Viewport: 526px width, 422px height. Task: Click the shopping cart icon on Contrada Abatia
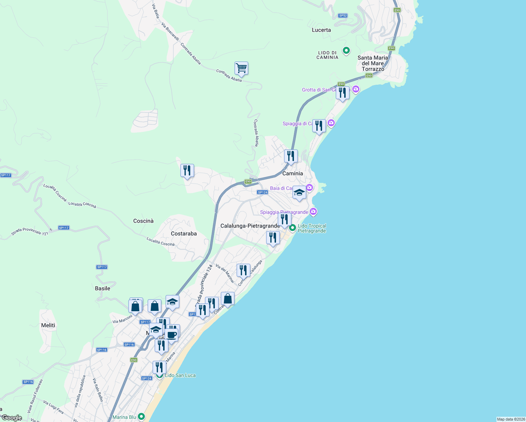tap(241, 68)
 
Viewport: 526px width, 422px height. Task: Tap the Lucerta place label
tap(321, 30)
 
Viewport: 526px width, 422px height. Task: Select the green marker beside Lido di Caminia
tap(346, 51)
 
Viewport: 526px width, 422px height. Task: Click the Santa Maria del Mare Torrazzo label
tap(373, 63)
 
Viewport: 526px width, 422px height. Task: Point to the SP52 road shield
tap(343, 15)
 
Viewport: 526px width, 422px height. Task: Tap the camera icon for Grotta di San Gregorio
tap(356, 89)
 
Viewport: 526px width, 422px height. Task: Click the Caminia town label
tap(293, 173)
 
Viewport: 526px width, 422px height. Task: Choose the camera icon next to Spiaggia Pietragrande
tap(313, 212)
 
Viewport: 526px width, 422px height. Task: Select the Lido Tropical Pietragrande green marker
tap(293, 228)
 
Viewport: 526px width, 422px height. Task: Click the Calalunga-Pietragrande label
tap(250, 226)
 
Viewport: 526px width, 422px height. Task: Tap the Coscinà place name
tap(143, 221)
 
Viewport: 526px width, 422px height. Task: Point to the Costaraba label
tap(184, 234)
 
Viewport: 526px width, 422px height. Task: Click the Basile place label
tap(103, 288)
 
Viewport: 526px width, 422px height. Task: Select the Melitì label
tap(48, 325)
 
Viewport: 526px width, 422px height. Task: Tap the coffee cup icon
tap(172, 335)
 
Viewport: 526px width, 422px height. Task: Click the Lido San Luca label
tap(180, 375)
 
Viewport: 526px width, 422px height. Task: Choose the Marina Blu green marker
tap(141, 416)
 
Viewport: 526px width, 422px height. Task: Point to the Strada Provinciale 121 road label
tap(30, 231)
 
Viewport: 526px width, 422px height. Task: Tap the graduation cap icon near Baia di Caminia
tap(299, 193)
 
